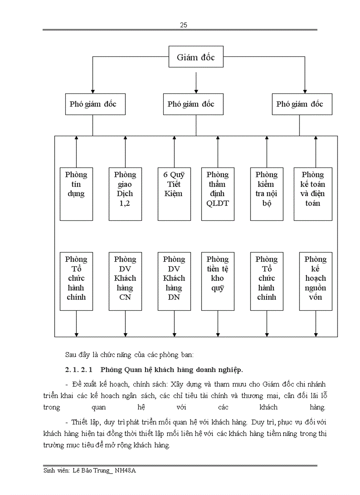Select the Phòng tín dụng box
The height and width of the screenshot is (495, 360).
tap(76, 194)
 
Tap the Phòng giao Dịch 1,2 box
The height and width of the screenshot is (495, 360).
tap(125, 194)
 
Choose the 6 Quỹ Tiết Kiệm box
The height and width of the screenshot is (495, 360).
tap(174, 194)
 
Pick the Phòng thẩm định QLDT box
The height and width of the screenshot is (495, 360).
tap(217, 194)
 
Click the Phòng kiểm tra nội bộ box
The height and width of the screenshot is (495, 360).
tap(266, 194)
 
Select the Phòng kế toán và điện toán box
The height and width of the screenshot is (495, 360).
tap(315, 194)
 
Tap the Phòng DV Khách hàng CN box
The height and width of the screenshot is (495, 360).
tap(125, 281)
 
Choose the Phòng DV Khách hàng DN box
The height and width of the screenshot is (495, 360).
tap(174, 281)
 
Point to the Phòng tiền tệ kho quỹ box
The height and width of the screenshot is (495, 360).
tap(217, 281)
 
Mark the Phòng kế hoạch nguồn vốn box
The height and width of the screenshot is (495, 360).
tap(315, 281)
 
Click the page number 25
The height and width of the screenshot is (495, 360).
tap(184, 25)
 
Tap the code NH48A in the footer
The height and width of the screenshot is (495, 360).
tap(126, 471)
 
